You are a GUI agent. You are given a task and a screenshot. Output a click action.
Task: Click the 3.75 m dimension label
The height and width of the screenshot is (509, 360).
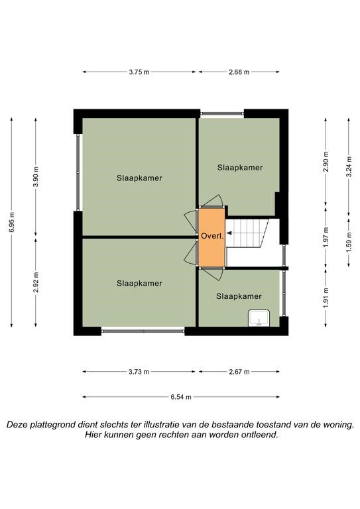139,72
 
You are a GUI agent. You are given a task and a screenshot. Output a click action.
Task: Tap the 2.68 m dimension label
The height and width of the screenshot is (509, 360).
239,72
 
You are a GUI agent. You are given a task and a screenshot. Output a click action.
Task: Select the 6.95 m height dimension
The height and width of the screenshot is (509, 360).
12,222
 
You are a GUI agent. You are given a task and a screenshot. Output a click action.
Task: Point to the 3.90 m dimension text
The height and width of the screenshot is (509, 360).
36,177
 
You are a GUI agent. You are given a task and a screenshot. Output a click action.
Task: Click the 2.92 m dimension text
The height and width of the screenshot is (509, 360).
36,282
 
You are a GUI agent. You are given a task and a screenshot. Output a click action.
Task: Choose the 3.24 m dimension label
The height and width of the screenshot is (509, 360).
349,166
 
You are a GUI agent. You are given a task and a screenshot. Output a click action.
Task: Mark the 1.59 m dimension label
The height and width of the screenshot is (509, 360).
349,242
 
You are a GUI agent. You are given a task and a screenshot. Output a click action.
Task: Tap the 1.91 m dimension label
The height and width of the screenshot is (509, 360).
326,298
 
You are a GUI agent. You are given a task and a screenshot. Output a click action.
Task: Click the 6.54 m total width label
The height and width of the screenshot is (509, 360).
181,397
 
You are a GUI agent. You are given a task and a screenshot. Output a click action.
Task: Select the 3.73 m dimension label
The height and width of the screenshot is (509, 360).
139,372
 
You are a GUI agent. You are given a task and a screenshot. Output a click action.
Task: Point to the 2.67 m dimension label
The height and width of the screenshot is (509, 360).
239,372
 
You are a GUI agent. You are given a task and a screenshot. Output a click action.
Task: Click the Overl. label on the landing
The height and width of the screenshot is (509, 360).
212,237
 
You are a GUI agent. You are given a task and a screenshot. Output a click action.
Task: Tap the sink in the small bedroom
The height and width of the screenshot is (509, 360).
259,318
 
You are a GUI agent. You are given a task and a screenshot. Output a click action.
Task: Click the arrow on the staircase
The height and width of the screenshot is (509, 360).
229,233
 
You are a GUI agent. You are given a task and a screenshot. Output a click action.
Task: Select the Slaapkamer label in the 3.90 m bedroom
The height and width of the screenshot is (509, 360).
139,178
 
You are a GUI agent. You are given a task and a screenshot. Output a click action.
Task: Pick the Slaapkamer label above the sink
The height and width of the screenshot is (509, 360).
239,296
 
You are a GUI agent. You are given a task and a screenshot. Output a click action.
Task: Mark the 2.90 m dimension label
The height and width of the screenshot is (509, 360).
326,161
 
